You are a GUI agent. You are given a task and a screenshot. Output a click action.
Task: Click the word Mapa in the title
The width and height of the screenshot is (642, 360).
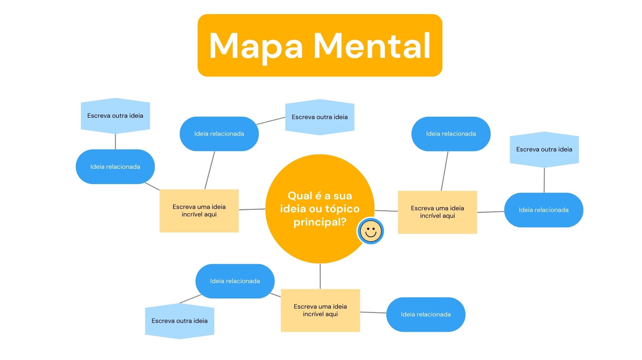point(256,46)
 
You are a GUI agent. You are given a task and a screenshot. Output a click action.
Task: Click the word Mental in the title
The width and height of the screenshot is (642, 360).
point(372,46)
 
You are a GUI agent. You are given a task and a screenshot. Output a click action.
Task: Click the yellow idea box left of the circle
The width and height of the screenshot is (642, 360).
point(199,211)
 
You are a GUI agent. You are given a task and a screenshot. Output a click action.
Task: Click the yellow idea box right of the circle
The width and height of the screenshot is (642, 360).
point(437,212)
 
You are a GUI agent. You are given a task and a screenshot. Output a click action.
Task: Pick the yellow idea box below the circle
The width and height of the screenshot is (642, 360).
point(320,310)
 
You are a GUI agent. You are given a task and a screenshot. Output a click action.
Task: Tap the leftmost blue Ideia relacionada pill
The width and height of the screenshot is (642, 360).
point(115,167)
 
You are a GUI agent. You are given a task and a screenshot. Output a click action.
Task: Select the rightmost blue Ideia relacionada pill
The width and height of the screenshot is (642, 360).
point(543,210)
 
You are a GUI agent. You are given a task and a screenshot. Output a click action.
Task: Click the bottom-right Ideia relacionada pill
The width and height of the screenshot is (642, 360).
point(426,314)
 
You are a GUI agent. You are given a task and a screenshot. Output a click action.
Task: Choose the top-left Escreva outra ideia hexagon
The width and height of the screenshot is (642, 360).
point(115,116)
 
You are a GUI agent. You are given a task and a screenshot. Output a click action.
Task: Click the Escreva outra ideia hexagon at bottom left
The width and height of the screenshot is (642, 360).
point(180,321)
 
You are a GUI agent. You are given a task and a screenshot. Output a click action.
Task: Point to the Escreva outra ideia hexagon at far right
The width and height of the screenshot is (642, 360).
point(544,149)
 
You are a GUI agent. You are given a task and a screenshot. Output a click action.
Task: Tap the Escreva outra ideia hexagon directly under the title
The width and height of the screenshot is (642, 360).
point(320,117)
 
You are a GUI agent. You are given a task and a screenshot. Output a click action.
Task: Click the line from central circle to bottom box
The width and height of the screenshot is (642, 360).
point(320,276)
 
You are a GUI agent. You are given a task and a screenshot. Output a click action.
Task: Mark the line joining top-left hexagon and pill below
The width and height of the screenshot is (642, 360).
point(115,141)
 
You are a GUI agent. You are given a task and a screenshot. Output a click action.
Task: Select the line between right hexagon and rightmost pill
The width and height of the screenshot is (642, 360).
point(544,180)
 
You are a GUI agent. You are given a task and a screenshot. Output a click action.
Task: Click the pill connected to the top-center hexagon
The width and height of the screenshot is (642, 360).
point(219,134)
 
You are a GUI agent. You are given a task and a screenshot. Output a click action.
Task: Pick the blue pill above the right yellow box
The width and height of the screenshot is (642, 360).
point(451,134)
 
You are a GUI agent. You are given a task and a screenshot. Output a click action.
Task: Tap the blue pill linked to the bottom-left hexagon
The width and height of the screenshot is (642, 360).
point(235,281)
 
